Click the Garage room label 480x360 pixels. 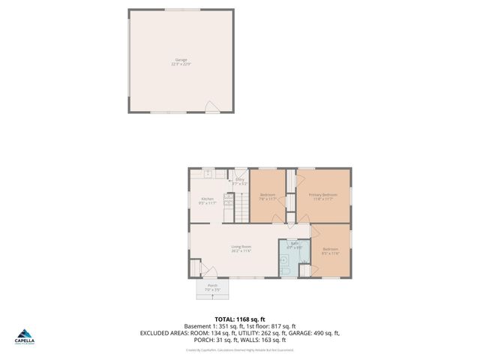181,59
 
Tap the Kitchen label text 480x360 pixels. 206,199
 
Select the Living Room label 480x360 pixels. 241,247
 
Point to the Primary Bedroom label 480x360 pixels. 323,195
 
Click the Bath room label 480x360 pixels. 295,243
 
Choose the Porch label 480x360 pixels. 213,285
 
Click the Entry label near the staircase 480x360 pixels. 240,179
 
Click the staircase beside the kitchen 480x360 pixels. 241,205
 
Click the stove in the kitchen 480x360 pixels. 228,201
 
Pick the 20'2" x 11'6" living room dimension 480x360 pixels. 241,251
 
